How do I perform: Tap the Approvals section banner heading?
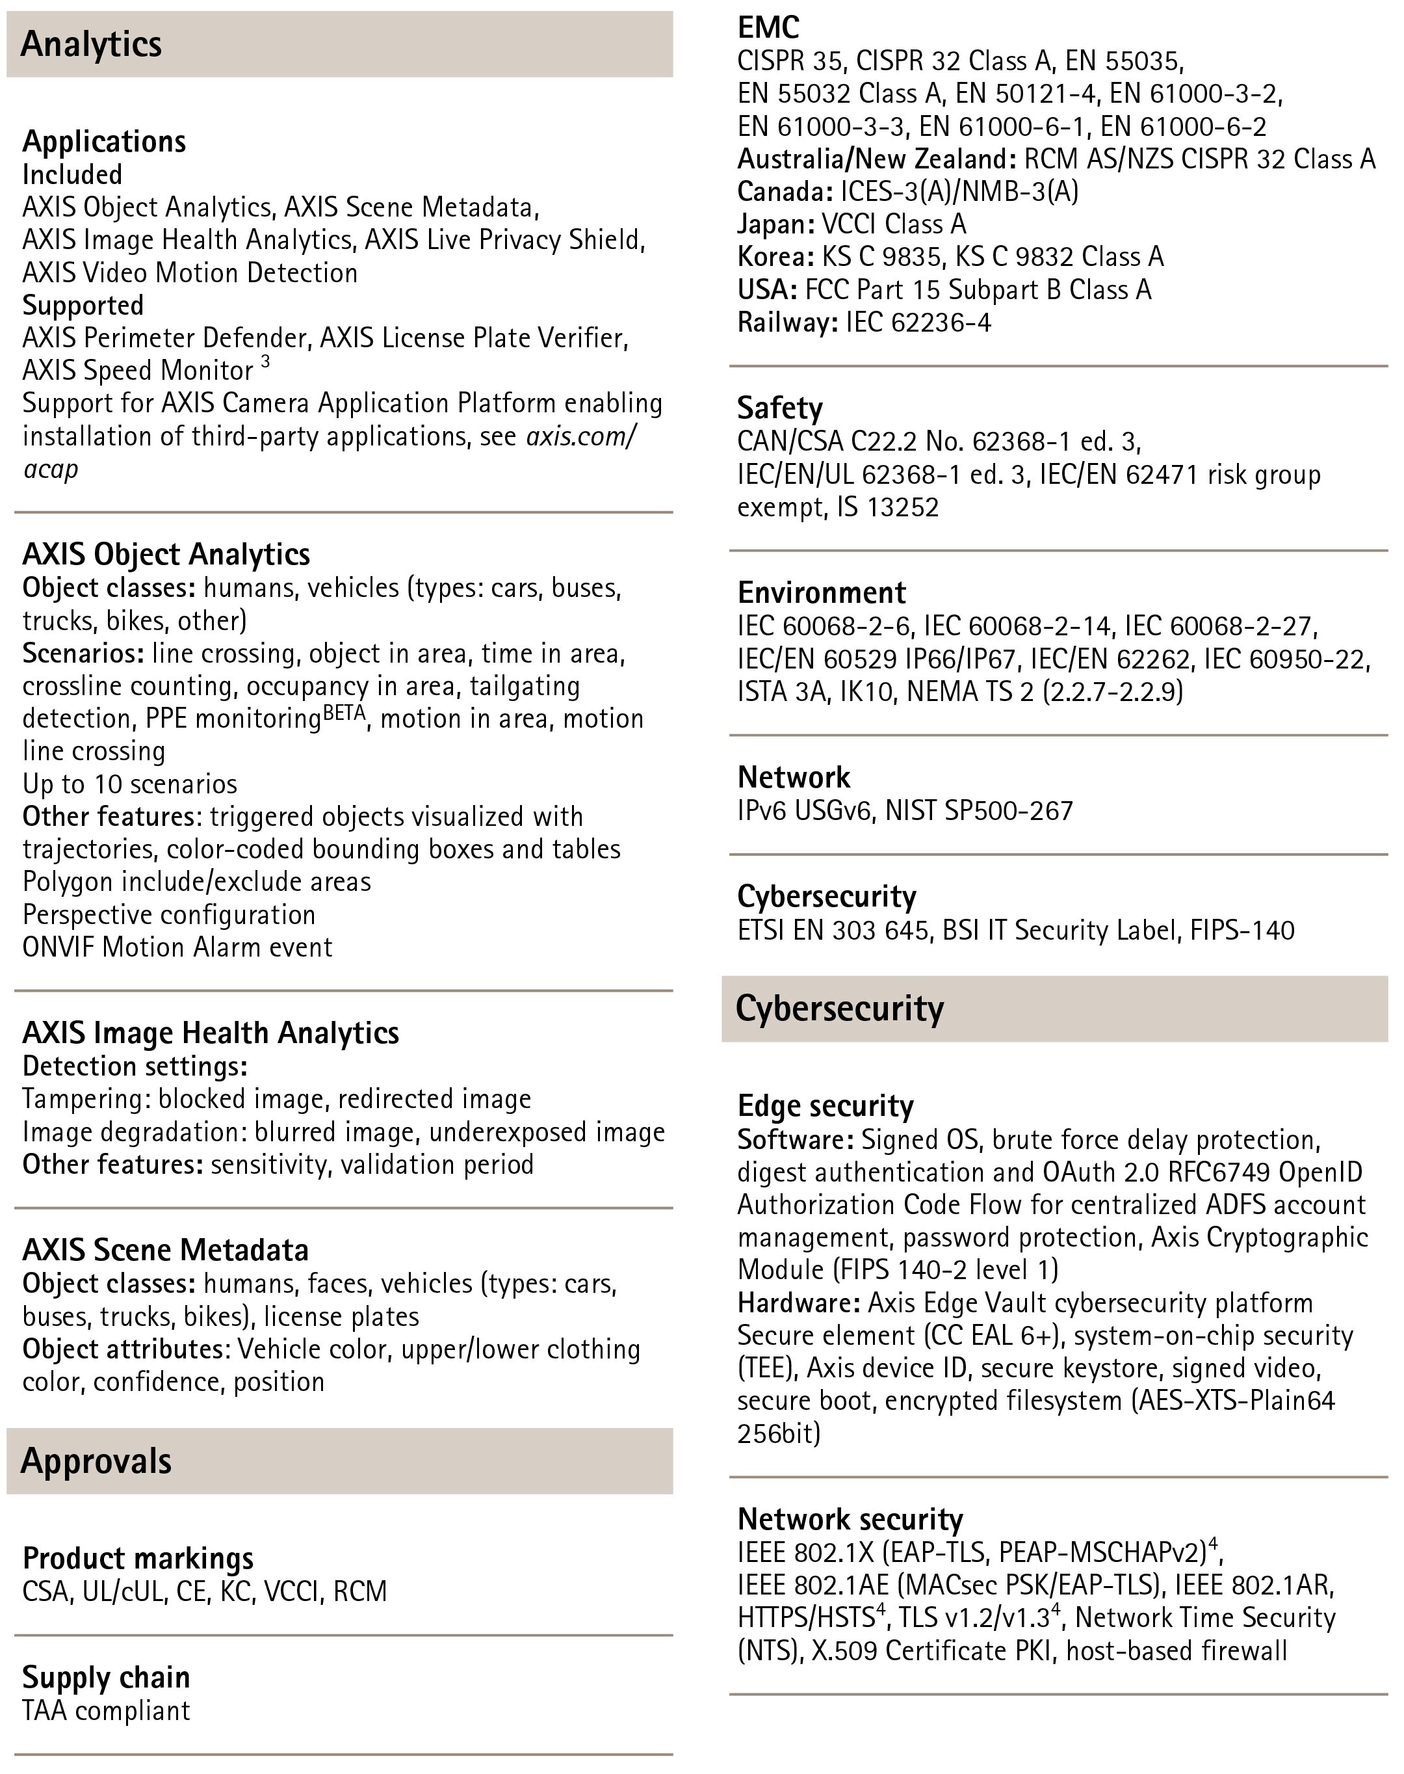click(x=96, y=1461)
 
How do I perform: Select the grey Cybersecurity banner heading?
click(x=839, y=1009)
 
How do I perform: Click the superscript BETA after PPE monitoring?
click(x=344, y=712)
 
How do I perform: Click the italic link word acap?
click(x=50, y=470)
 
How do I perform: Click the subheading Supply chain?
click(x=106, y=1677)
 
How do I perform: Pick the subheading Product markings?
click(x=138, y=1557)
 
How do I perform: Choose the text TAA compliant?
click(x=106, y=1711)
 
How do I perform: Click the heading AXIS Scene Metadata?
click(x=165, y=1250)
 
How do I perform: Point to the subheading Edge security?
click(x=825, y=1106)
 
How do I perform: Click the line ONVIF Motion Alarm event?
click(x=177, y=947)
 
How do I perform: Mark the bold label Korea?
click(x=775, y=257)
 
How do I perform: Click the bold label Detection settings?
click(x=135, y=1066)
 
